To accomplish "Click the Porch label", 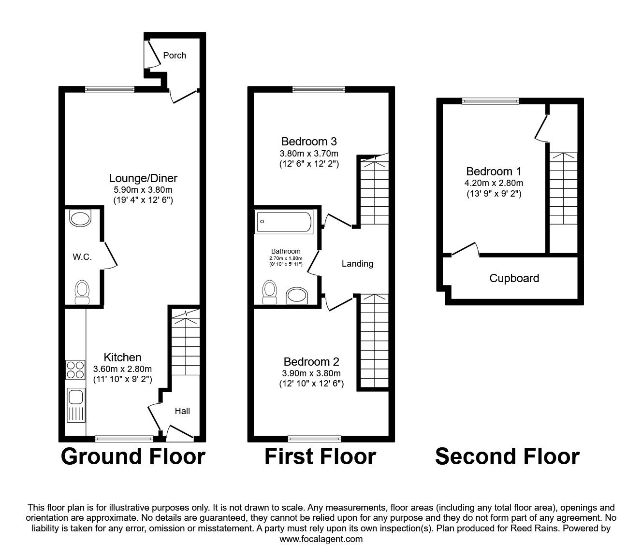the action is pos(175,56).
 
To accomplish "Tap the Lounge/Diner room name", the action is pos(143,178).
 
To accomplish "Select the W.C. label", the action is pos(82,257).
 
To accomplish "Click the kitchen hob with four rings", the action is pos(75,370).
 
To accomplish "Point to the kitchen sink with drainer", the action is pos(75,405).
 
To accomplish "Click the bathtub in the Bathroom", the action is pos(284,222).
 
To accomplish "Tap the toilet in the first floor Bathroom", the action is pos(270,292).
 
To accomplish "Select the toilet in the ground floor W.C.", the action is pos(82,292).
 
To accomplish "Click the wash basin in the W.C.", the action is pos(81,218).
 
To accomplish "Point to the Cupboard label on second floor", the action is pos(514,278).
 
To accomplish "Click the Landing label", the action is pos(357,264).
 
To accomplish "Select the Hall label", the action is pos(182,411).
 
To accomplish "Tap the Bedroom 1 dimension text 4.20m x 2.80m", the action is pos(494,183).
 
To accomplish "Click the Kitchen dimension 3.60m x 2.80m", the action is pos(122,369).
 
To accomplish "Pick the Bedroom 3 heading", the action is pos(309,142).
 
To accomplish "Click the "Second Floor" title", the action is pos(507,456).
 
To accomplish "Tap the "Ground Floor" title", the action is pos(133,456).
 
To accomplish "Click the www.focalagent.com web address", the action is pos(321,539).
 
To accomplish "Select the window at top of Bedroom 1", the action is pos(490,101).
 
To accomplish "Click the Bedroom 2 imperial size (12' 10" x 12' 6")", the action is pos(311,384).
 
